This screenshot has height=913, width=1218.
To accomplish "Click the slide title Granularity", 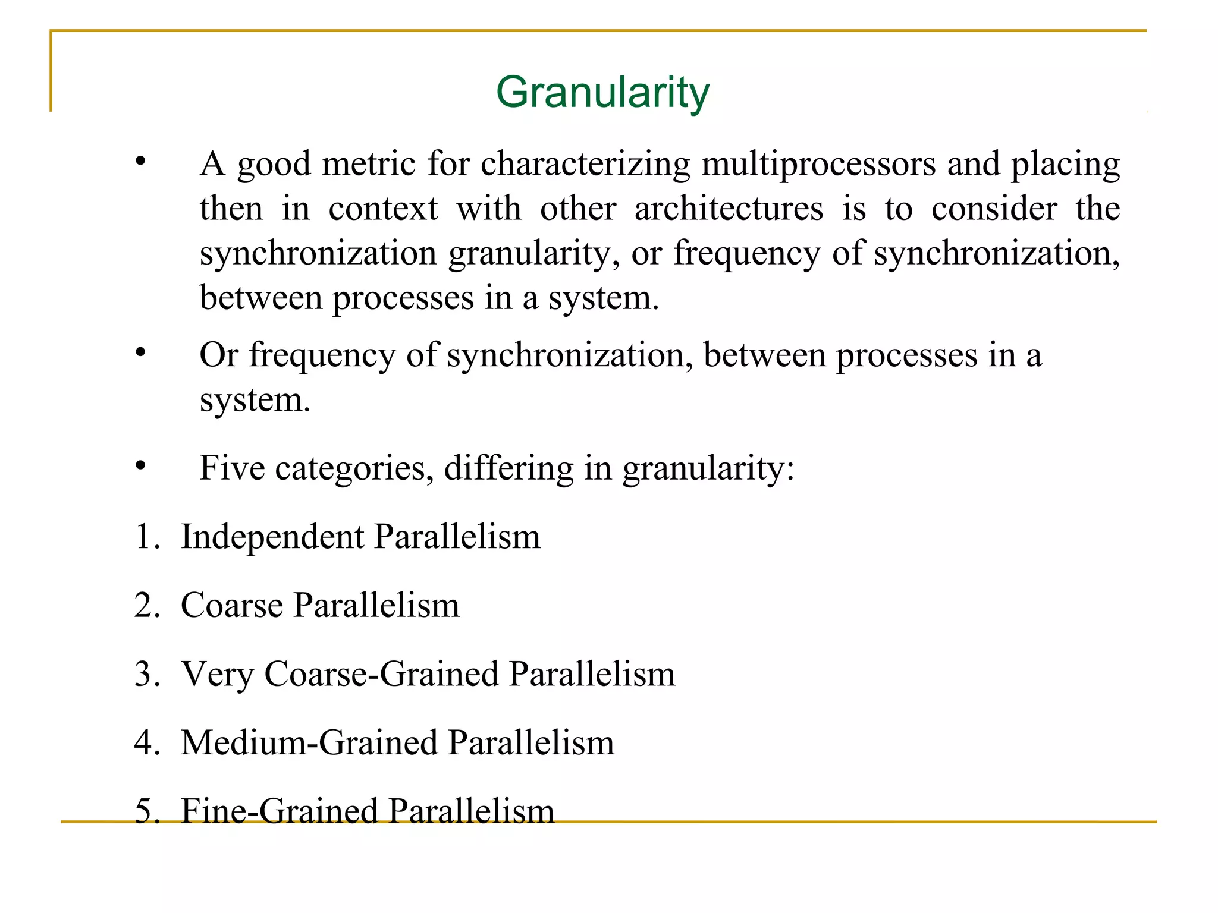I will [602, 93].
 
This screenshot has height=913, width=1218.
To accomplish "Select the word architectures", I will [729, 209].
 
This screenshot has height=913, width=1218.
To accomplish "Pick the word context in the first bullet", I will [383, 209].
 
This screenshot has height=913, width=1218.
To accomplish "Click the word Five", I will [232, 468].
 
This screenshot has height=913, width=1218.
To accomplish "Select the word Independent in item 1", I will [272, 537].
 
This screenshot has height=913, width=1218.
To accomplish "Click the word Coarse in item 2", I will [232, 606].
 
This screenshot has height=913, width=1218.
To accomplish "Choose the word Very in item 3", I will [217, 675].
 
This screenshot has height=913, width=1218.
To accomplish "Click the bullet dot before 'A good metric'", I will [140, 161].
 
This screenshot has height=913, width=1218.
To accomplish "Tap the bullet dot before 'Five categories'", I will [140, 465].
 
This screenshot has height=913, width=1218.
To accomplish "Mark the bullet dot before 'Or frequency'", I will [140, 353].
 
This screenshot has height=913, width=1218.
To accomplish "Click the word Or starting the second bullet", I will [219, 355].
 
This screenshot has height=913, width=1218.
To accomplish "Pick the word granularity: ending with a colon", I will [708, 468].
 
